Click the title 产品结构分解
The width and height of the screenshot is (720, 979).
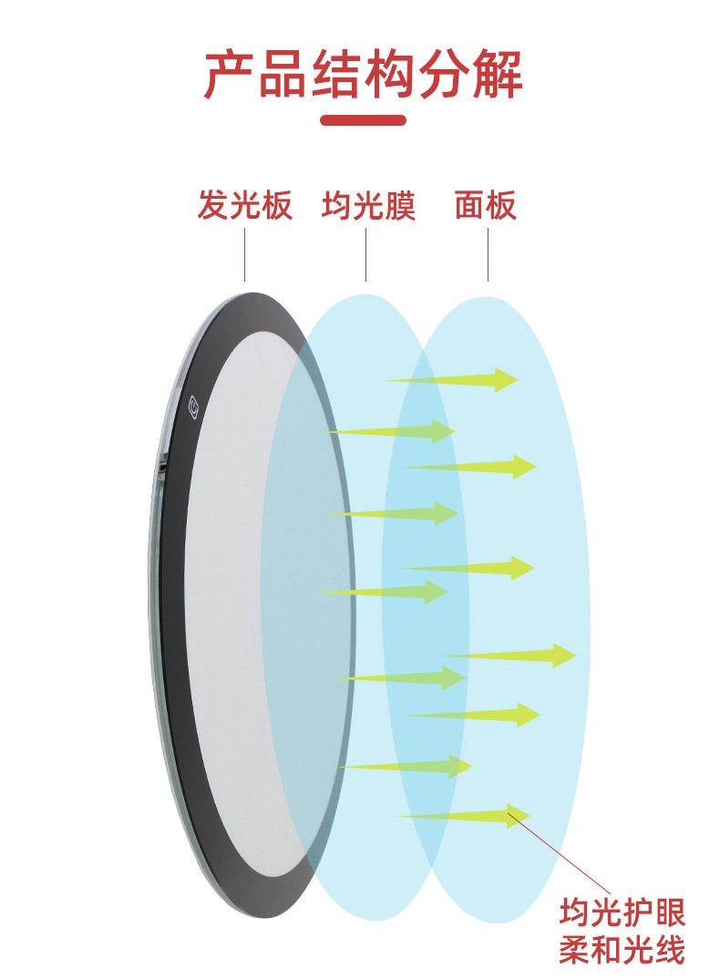[363, 75]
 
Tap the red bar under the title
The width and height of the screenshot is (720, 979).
[363, 120]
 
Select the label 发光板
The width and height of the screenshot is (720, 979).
[244, 206]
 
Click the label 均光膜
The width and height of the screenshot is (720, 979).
[367, 206]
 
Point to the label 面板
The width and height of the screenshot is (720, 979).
[486, 206]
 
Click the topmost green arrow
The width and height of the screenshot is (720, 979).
[456, 379]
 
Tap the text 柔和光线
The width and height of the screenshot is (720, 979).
[622, 951]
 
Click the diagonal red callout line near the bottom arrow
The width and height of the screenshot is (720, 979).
[561, 857]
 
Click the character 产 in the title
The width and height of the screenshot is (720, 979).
[229, 75]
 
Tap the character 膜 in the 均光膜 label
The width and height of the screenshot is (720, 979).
[399, 206]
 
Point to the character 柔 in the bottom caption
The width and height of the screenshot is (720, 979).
[575, 951]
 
